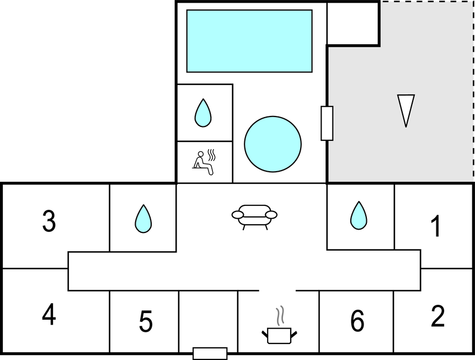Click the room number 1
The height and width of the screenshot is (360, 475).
436,226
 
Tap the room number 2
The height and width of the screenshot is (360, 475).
437,316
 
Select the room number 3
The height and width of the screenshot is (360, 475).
49,221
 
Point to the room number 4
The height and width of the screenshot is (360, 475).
49,315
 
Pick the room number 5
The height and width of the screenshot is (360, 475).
145,322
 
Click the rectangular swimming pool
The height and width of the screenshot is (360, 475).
249,41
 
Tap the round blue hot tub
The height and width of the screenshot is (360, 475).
273,144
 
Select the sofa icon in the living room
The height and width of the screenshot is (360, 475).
254,216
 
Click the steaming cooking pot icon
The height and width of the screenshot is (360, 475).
279,334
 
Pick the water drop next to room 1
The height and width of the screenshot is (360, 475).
359,215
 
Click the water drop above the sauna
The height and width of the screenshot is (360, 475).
203,113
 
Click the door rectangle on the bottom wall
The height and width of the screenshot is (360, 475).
210,353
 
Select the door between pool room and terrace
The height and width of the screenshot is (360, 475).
327,123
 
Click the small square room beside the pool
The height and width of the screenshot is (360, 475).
353,23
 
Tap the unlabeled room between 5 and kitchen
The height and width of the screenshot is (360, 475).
208,320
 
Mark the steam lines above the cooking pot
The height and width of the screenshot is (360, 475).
281,315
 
